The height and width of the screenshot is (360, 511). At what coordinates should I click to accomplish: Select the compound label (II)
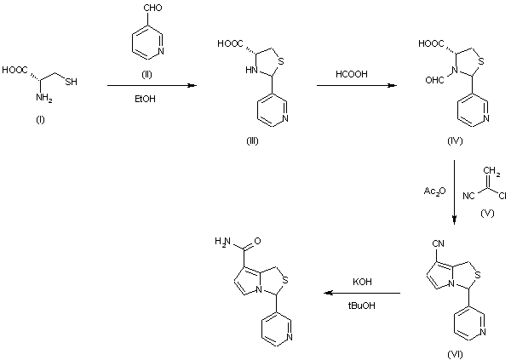[x=147, y=75]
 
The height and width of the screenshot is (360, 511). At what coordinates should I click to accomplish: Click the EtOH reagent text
[x=146, y=99]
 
